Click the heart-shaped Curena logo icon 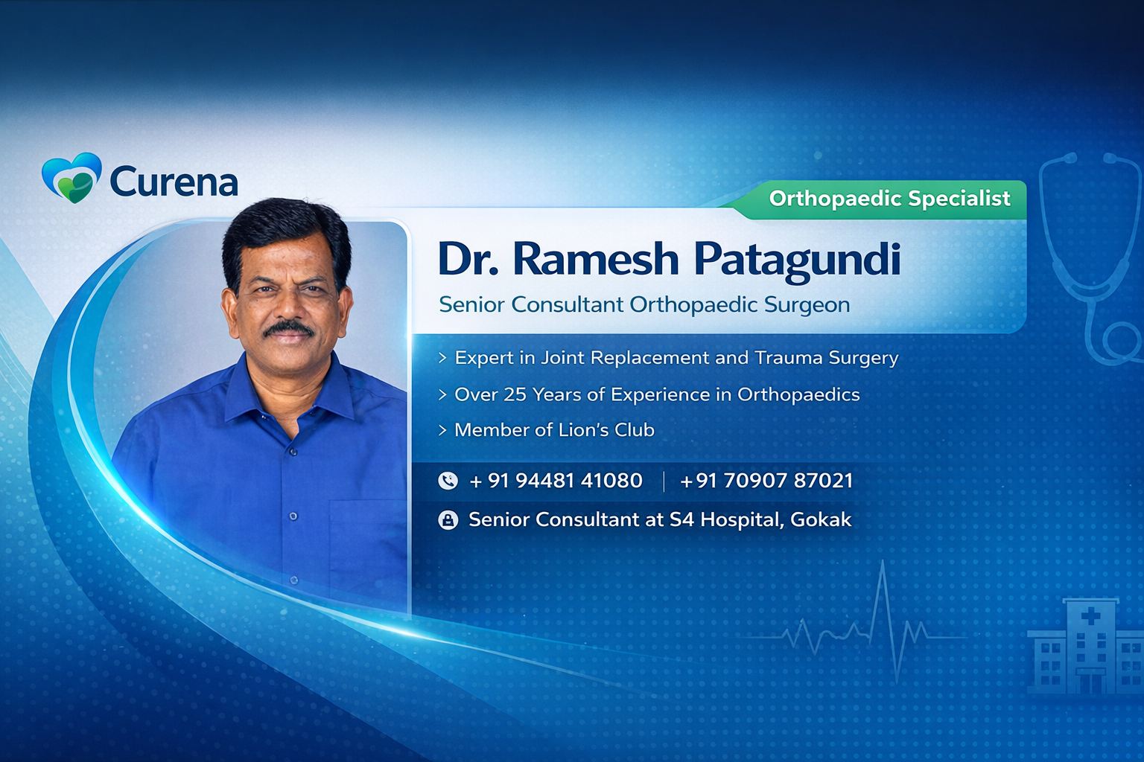(71, 178)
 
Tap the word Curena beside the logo (174, 181)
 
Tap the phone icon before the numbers (448, 481)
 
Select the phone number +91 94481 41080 (556, 481)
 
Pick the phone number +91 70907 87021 (766, 481)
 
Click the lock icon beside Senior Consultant (448, 520)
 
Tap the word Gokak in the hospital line (821, 519)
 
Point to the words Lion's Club (606, 430)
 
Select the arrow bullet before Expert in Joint (443, 358)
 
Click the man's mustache (288, 329)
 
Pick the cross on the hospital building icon (1091, 617)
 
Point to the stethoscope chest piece (1121, 342)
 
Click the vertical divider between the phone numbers (664, 481)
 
